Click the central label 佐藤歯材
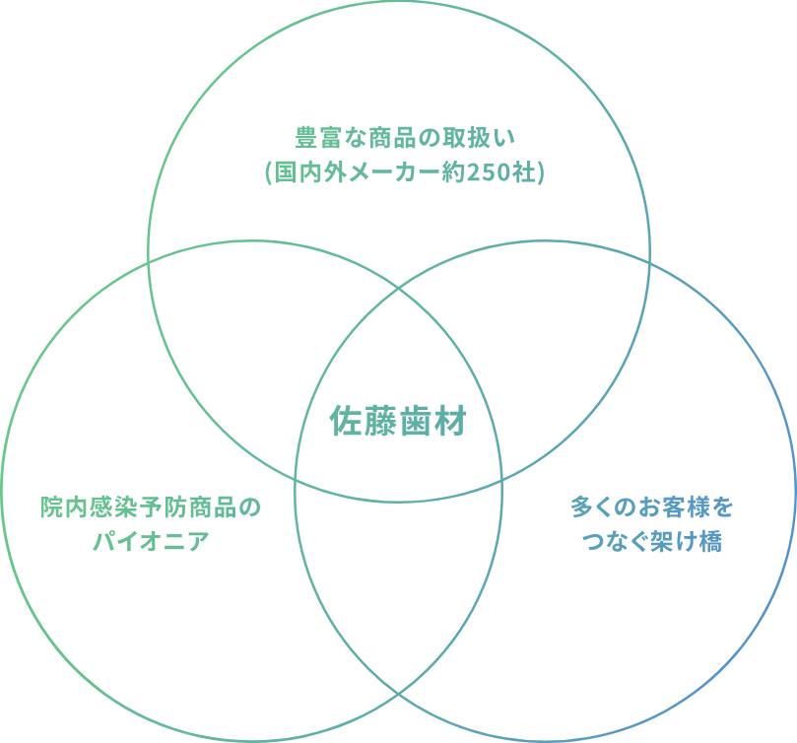398,424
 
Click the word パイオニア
153,542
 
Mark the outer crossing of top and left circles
149,263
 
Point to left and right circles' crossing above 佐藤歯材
399,285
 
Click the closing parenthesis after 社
540,172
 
